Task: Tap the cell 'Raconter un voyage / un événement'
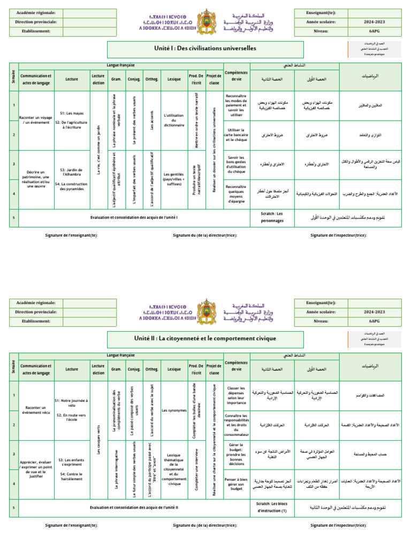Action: (35, 120)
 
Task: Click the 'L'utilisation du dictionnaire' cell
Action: (173, 120)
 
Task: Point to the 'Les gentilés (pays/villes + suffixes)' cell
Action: (173, 179)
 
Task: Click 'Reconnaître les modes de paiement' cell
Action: (236, 106)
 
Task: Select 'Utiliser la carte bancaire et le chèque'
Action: (236, 136)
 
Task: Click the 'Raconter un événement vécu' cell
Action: (35, 410)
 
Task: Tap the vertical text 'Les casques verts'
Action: (98, 440)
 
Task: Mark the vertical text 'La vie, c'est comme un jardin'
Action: (98, 150)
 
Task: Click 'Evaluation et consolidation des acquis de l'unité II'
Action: (134, 507)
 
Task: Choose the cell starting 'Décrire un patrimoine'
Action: (35, 179)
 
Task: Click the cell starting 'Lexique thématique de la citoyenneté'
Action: (173, 469)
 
